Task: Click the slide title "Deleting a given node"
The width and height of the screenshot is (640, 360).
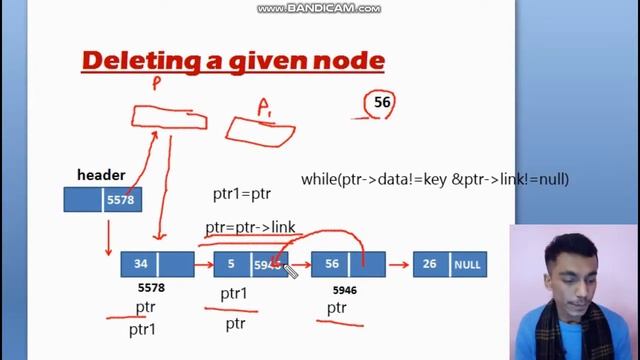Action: pyautogui.click(x=232, y=60)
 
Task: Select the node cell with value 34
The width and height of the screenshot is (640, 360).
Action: pyautogui.click(x=140, y=264)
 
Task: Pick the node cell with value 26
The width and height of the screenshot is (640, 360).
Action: pyautogui.click(x=429, y=264)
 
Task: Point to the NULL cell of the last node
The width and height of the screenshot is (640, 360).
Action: pyautogui.click(x=467, y=264)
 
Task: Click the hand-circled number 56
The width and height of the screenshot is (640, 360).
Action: pyautogui.click(x=382, y=103)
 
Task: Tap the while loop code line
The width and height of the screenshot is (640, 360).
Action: pyautogui.click(x=434, y=179)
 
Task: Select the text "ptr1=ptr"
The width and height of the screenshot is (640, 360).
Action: pyautogui.click(x=242, y=193)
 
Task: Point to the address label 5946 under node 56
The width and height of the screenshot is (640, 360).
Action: pyautogui.click(x=344, y=289)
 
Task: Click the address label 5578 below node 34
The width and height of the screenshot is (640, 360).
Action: pyautogui.click(x=151, y=288)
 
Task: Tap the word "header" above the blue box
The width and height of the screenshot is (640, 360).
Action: pyautogui.click(x=101, y=175)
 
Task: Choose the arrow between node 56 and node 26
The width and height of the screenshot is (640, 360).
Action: pyautogui.click(x=398, y=264)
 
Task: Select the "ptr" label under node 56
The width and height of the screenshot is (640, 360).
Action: pyautogui.click(x=337, y=307)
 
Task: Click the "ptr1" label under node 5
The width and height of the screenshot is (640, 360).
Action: pyautogui.click(x=234, y=293)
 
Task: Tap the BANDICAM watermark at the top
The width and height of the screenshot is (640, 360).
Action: pyautogui.click(x=319, y=8)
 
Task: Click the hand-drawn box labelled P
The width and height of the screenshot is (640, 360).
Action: pyautogui.click(x=169, y=119)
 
